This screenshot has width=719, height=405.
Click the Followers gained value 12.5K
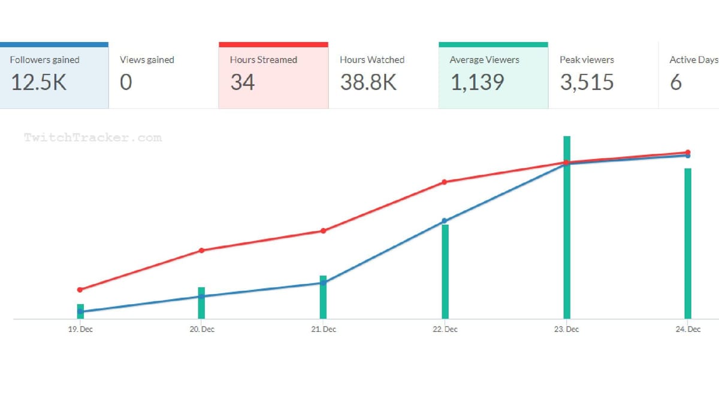coord(38,82)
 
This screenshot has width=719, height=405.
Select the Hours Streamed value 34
coord(242,82)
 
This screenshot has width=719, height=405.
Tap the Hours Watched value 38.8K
coord(368,82)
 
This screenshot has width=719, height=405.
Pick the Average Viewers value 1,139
coord(478,82)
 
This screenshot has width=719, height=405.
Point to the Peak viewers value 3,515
coord(587,82)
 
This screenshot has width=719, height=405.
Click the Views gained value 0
coord(125,82)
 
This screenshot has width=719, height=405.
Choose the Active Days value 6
coord(675,82)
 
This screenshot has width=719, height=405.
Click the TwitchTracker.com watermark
coord(93,137)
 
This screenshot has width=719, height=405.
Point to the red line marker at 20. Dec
coord(201,250)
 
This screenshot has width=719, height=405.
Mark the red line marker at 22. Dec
coord(445,182)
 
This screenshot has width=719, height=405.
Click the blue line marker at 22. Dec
coord(445,221)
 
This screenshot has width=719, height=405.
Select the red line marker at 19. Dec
coord(80,290)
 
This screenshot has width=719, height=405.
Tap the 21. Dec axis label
coord(323,329)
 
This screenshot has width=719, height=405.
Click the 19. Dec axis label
coord(80,329)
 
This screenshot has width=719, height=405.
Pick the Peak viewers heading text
coord(587,60)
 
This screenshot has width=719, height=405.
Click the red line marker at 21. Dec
coord(323,231)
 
